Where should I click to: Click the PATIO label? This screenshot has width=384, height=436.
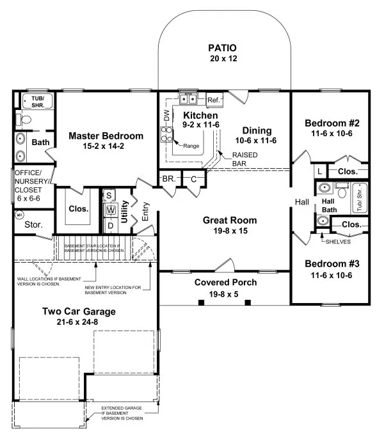pos(222,48)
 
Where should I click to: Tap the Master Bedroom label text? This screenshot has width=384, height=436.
pos(106,136)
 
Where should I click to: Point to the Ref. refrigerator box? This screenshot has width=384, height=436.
pos(213,100)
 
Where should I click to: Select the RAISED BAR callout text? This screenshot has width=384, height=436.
pos(244,159)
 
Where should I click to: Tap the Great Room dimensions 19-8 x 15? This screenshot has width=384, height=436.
pos(221,231)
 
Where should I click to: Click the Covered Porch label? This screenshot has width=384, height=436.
pos(225,282)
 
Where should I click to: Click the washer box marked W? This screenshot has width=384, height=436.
pos(110,210)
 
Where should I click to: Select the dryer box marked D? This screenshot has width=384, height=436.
pos(110,225)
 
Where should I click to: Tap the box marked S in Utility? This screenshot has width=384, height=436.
pos(109,195)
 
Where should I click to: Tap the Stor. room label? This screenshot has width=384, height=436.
pos(33,224)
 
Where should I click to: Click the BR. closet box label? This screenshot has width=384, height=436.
pos(169,179)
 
